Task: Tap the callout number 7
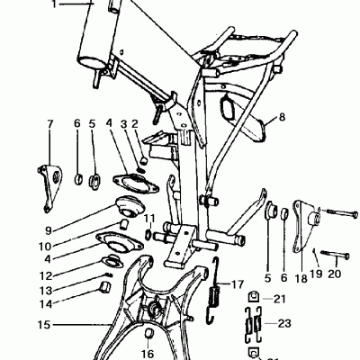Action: tap(50, 123)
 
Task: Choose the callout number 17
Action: tap(238, 283)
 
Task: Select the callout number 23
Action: tap(285, 322)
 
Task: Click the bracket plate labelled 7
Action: tap(49, 175)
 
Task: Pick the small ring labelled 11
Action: tap(150, 236)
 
